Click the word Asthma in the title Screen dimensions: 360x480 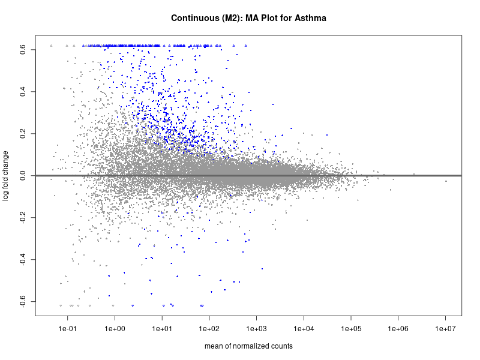tap(310, 19)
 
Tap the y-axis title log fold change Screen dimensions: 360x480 tap(7, 176)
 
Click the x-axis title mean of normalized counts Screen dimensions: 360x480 tap(248, 346)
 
